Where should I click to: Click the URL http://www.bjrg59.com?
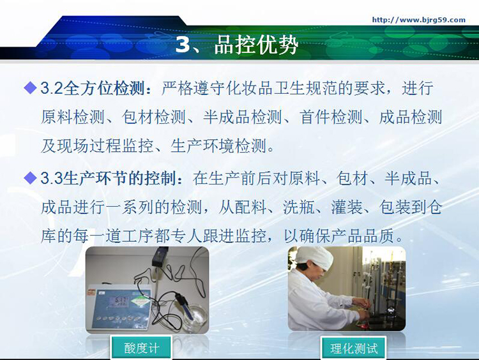tap(418, 20)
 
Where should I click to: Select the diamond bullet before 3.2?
tap(30, 87)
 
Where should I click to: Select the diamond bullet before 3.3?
tap(30, 177)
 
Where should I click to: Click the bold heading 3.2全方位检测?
tap(92, 88)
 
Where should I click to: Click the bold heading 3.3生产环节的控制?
tap(108, 178)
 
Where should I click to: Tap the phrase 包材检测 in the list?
tap(153, 117)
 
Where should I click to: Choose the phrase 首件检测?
tap(331, 117)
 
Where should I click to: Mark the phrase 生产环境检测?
tap(218, 146)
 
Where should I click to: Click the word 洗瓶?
tap(299, 207)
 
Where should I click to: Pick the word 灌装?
tap(347, 207)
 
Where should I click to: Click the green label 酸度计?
tap(141, 348)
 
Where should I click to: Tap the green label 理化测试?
tap(354, 348)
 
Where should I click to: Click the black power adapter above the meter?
tap(160, 256)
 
